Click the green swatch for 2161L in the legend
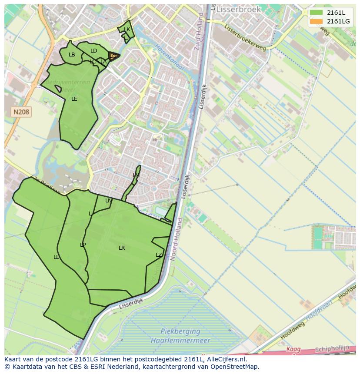pos(317,13)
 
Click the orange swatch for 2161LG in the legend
pos(317,21)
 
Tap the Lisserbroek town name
pos(239,9)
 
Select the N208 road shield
pos(21,112)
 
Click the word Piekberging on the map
pos(174,331)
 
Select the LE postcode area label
pos(74,99)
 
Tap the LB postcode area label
pos(72,55)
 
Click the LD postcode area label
pos(93,51)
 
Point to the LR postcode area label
pos(122,248)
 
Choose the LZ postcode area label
pos(159,255)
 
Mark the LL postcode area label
pos(56,257)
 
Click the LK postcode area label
pos(127,30)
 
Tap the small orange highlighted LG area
pos(113,56)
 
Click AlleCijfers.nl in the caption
pos(226,359)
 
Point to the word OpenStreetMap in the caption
pos(234,367)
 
